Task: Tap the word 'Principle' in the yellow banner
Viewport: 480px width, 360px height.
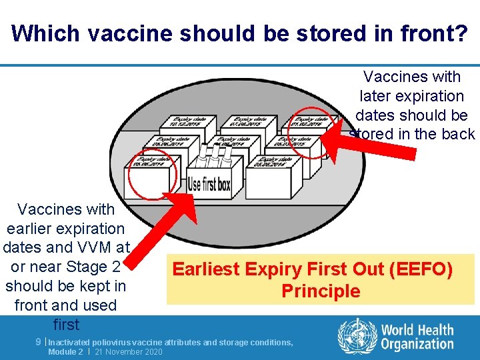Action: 321,291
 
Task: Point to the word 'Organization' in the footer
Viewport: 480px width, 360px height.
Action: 417,344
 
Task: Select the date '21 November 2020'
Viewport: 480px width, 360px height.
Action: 129,351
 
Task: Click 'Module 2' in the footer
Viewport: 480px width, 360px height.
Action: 65,351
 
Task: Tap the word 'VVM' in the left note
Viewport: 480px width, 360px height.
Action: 92,247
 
